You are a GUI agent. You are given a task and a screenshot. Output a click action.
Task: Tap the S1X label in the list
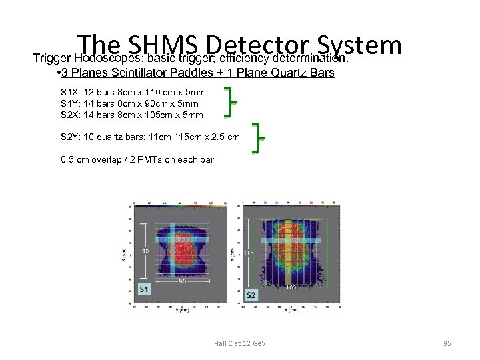coord(70,92)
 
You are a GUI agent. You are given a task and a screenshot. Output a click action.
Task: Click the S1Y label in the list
coord(70,103)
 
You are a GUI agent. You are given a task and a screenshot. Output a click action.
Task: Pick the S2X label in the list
coord(70,115)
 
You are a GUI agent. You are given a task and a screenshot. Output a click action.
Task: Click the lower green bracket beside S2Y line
coord(259,137)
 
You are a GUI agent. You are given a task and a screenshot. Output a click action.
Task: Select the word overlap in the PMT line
coord(97,160)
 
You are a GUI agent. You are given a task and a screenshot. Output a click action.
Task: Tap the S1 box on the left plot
coord(144,289)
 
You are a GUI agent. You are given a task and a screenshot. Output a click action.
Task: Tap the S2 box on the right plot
coord(251,295)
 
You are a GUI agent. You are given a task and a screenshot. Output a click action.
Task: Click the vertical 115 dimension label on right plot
coord(247,253)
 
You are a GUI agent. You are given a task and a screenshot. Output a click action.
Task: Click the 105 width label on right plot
coord(291,288)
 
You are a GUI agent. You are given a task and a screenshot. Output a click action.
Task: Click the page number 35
coord(447,343)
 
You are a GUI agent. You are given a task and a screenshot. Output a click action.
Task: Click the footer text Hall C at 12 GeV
coord(239,343)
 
